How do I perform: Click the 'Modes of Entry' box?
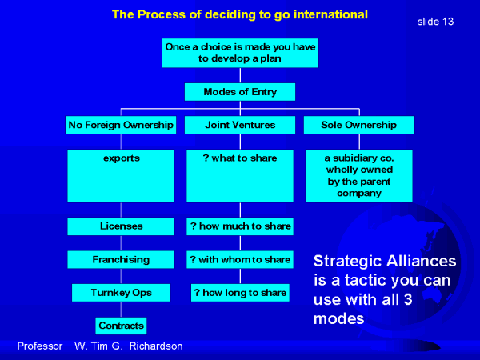click(240, 92)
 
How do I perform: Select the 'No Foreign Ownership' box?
click(121, 125)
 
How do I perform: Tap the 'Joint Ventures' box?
click(240, 125)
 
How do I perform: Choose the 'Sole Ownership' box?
click(359, 125)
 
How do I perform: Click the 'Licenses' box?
click(121, 226)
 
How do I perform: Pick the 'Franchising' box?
click(121, 259)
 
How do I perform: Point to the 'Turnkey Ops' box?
click(122, 293)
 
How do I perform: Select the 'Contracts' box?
click(122, 326)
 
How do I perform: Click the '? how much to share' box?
click(240, 226)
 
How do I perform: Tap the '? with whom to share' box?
click(240, 259)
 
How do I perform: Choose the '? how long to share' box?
click(240, 293)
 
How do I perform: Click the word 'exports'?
click(122, 158)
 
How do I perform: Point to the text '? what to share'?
click(240, 158)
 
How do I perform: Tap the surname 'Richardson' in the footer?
click(156, 346)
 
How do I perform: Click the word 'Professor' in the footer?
click(40, 346)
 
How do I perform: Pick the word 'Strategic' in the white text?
click(347, 262)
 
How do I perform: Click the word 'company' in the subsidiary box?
click(359, 194)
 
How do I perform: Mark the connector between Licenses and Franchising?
click(121, 243)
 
